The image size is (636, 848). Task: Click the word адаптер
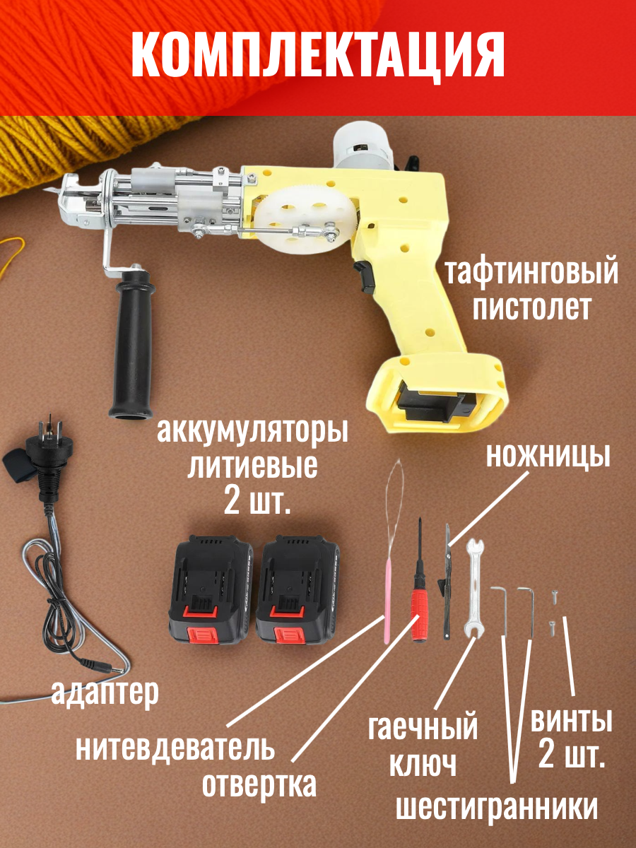click(x=105, y=693)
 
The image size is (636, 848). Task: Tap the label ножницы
click(x=548, y=457)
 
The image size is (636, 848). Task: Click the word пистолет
click(x=531, y=308)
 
